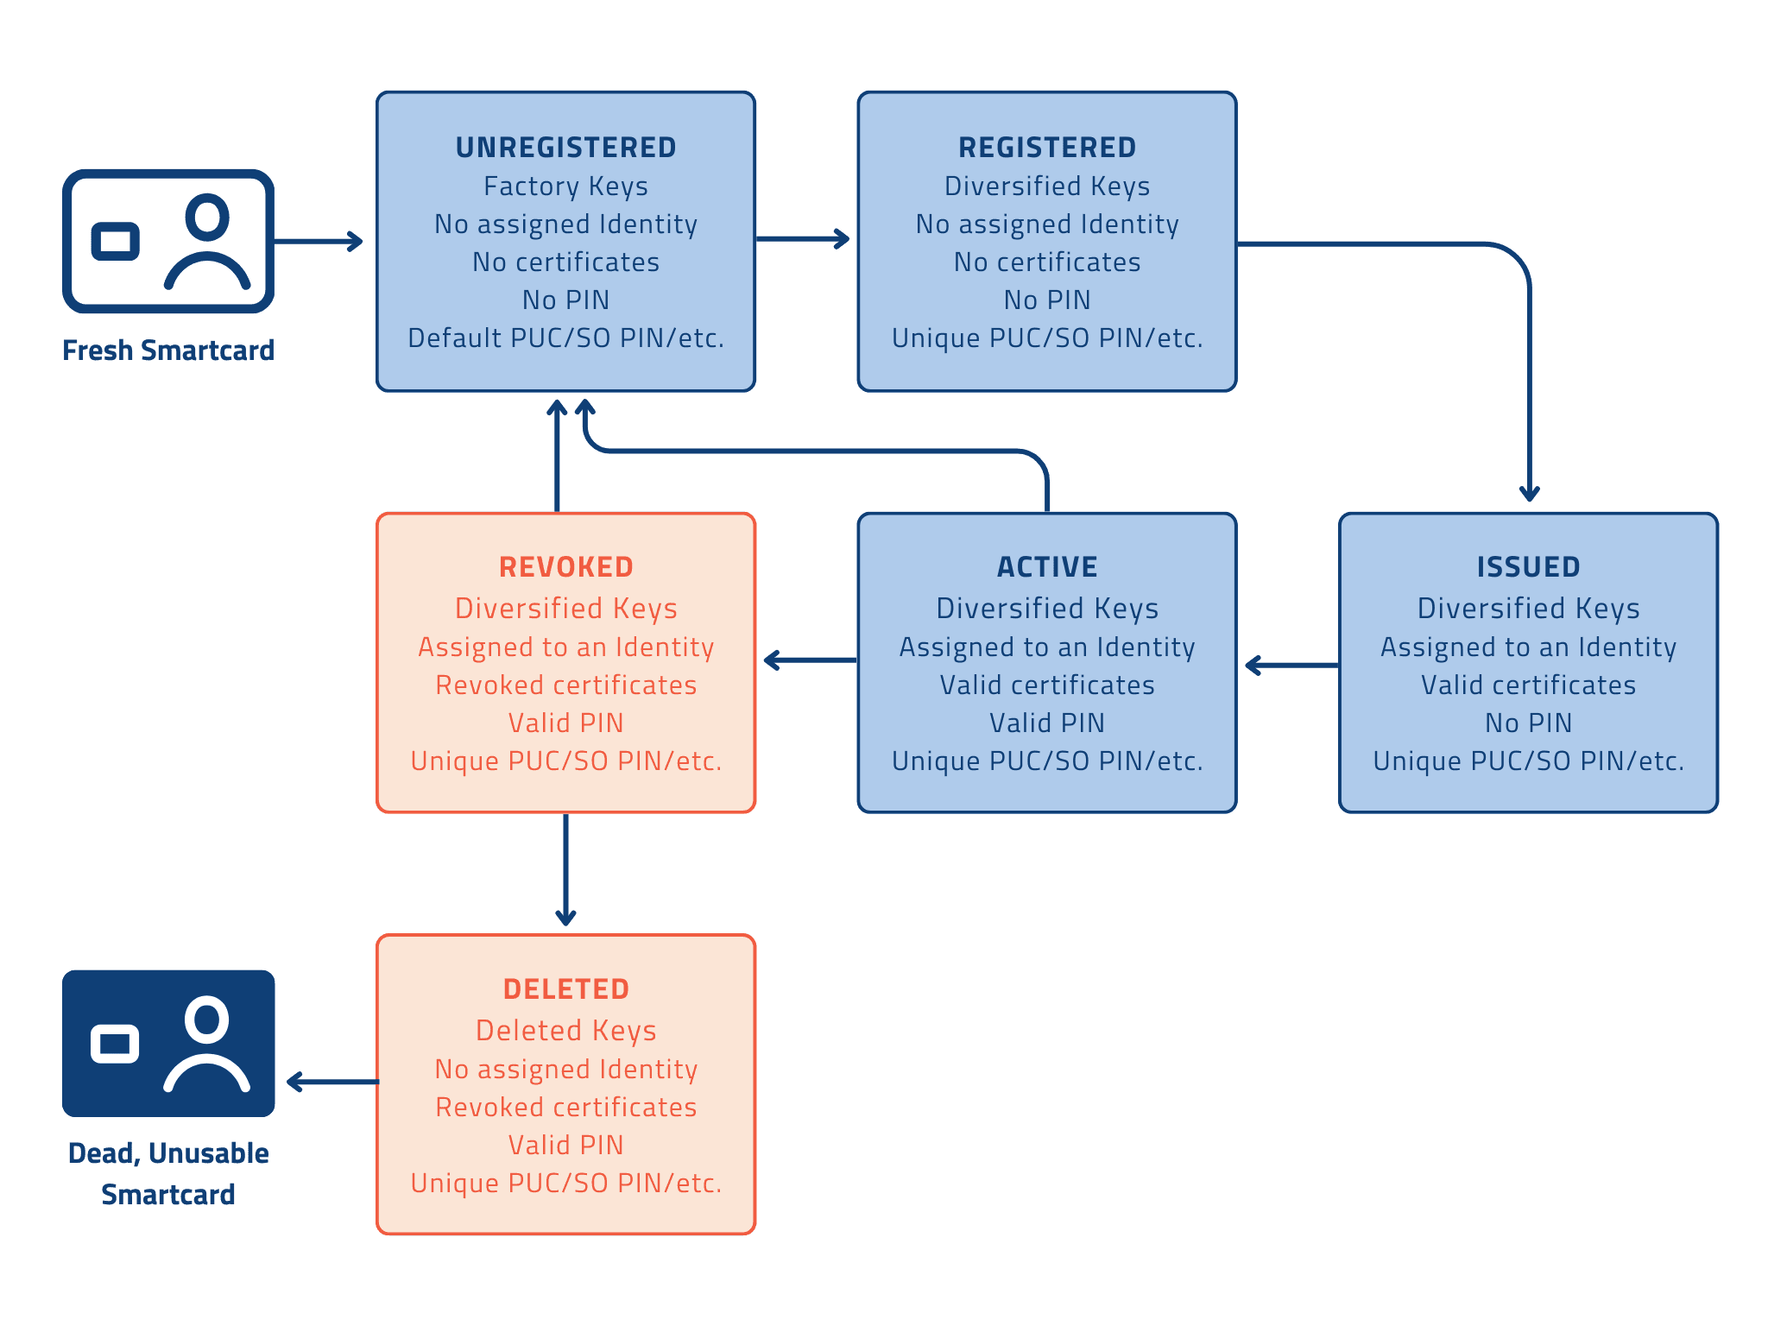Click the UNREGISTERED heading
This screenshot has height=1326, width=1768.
coord(565,148)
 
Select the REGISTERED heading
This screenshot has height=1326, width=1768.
coord(1046,148)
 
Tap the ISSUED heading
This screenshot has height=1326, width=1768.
coord(1528,567)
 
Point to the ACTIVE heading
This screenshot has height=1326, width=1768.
coord(1046,567)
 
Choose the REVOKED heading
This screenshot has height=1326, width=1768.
coord(565,567)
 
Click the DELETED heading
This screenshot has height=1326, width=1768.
coord(565,989)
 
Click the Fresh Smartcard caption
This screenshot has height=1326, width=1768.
coord(168,350)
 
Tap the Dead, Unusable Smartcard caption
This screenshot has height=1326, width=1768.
coord(168,1173)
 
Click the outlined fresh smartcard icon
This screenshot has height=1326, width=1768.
coord(168,241)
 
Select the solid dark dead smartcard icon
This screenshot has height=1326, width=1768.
coord(168,1043)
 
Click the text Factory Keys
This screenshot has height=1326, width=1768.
coord(565,186)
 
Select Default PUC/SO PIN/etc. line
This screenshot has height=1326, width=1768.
coord(565,338)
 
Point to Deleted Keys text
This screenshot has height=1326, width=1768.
coord(565,1031)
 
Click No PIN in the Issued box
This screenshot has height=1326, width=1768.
coord(1528,723)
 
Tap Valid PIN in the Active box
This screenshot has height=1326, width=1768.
coord(1046,723)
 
